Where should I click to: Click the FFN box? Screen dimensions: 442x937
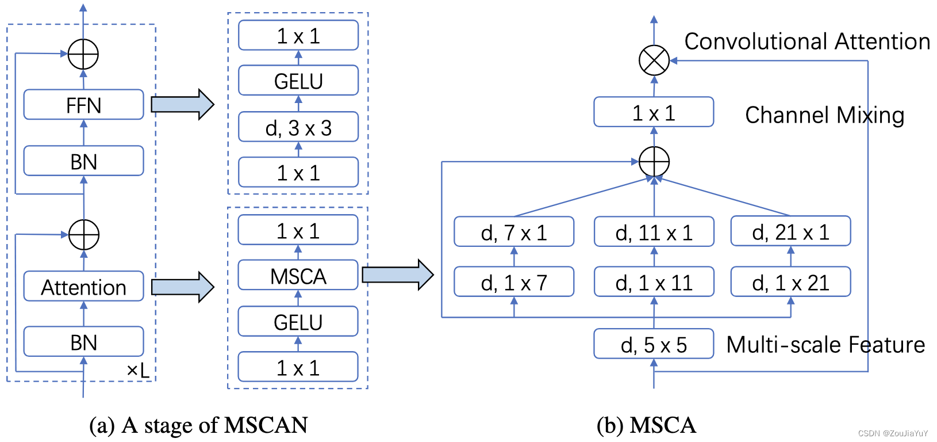point(83,105)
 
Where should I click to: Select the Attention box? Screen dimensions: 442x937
point(83,287)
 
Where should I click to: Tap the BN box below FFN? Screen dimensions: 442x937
point(83,161)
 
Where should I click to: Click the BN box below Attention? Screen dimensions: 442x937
point(83,342)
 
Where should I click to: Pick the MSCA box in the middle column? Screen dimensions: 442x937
point(298,276)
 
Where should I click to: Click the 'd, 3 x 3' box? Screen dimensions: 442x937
point(298,128)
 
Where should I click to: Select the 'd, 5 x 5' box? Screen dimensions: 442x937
point(654,344)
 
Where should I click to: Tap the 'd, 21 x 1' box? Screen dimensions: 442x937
point(790,231)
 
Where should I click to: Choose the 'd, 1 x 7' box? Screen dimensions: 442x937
point(514,282)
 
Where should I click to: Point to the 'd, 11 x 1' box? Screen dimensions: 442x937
point(654,232)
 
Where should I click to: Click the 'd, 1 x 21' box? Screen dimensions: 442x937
point(790,282)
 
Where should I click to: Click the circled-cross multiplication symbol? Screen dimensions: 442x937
point(654,60)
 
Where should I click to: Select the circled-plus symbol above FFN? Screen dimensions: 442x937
point(83,55)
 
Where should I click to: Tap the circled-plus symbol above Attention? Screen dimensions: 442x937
point(84,235)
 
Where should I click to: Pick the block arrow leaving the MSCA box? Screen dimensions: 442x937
point(397,275)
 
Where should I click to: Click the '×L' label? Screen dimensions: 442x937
point(138,371)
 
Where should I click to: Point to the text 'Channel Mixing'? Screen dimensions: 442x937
point(824,115)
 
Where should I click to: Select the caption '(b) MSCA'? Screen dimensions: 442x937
point(646,425)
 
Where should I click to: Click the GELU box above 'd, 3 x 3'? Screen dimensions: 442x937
point(298,81)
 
